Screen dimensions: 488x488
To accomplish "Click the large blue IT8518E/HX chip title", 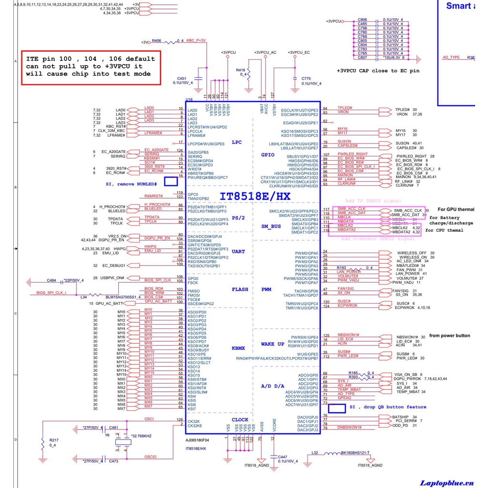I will point(254,196).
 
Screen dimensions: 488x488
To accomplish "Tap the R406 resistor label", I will point(156,41).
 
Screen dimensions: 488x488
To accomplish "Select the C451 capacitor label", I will point(182,78).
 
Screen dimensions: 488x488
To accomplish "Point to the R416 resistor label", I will point(240,70).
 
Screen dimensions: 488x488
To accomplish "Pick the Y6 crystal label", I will point(107,435).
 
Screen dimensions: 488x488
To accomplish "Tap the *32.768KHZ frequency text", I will point(141,436).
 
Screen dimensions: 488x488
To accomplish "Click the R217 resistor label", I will point(54,440).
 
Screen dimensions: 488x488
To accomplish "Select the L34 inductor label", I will point(83,297).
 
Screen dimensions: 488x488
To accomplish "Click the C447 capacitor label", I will point(283,457).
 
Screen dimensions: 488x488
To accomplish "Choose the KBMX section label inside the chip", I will point(238,348).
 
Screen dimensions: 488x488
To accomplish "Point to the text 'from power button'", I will point(449,335).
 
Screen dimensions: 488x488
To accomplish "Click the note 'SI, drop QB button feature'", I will point(388,407).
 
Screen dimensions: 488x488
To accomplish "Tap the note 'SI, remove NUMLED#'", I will point(132,184).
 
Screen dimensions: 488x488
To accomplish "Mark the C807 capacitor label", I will point(362,58).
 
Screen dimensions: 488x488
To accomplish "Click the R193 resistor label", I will point(341,268).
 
